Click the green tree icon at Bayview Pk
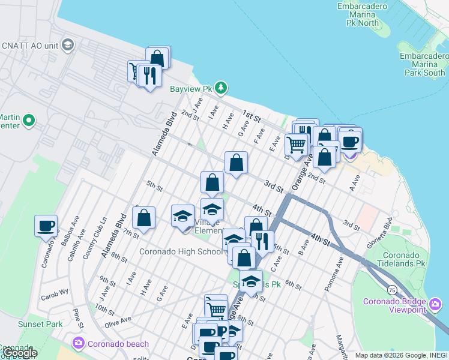(x=221, y=89)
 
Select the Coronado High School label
(x=181, y=251)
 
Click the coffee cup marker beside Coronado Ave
(x=46, y=227)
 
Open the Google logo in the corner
(x=19, y=353)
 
